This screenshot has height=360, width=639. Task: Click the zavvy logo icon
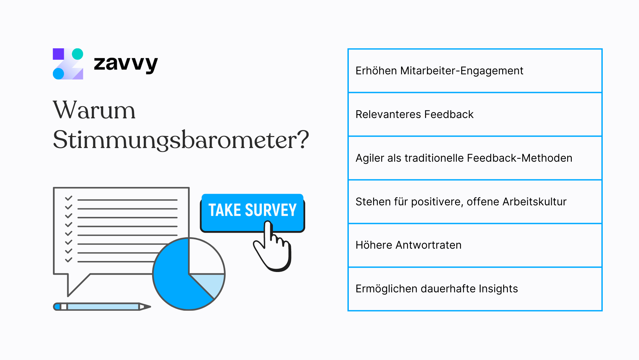tap(68, 64)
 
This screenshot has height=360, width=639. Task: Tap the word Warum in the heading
tap(94, 110)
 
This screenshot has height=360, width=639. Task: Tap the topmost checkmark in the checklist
tap(69, 198)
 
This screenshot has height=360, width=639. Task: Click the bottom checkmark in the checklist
tap(69, 260)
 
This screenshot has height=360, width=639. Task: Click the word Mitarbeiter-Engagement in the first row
tap(462, 71)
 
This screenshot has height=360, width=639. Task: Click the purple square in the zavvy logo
tap(59, 54)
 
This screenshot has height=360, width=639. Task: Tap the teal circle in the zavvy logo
tap(78, 54)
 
